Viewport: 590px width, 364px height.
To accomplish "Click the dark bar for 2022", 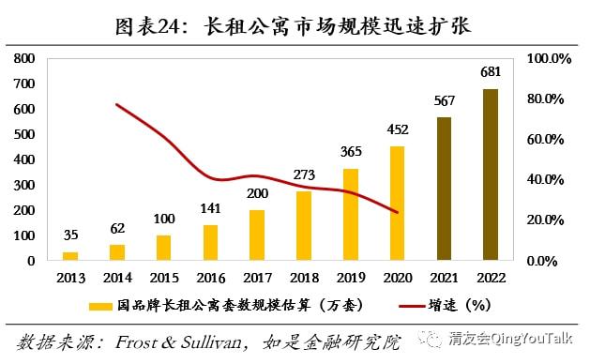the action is click(x=491, y=174).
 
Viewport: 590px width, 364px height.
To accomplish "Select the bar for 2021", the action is click(x=444, y=189).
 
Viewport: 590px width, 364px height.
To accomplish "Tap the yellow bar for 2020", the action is click(x=398, y=204).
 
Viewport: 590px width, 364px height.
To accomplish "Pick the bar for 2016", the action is click(x=210, y=242).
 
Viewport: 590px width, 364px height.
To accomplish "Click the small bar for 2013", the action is click(x=70, y=256).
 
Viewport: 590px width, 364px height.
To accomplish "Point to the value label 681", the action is click(x=491, y=71).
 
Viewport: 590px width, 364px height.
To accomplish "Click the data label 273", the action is click(x=304, y=174).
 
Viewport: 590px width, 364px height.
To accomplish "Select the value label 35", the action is click(x=70, y=235).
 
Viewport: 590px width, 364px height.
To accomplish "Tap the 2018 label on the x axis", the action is click(x=304, y=278).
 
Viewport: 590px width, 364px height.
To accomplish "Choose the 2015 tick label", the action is click(x=164, y=278).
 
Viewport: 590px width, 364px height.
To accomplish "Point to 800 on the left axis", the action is click(x=24, y=58).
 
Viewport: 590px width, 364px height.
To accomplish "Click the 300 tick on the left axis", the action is click(x=24, y=185).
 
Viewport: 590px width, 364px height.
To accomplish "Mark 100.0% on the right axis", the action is click(x=549, y=59).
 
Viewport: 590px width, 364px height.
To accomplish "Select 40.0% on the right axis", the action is click(x=545, y=179).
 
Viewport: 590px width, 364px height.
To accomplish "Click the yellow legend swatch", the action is click(x=100, y=307).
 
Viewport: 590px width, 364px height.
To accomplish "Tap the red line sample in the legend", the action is click(x=412, y=306).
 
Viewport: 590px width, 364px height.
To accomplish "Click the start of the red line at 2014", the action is click(x=117, y=105).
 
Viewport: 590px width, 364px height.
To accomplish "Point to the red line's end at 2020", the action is click(x=398, y=212).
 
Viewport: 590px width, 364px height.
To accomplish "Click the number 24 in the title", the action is click(x=169, y=26).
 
